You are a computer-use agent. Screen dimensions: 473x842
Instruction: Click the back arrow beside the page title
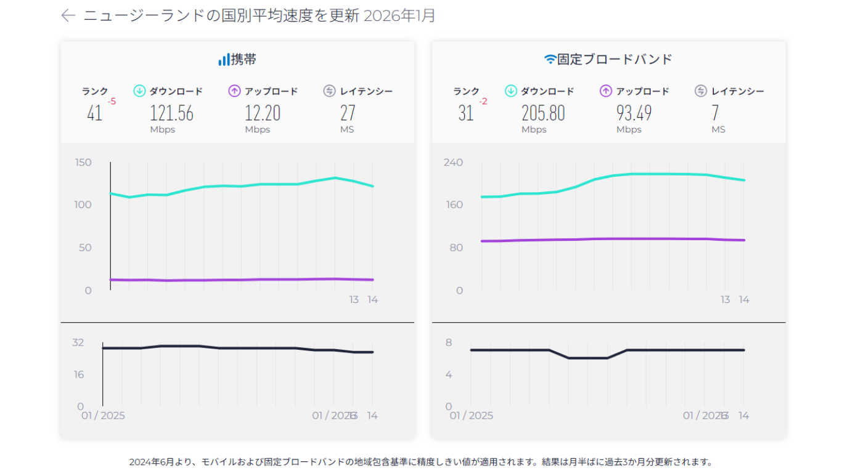(x=68, y=16)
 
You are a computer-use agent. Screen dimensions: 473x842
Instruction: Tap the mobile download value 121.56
(x=171, y=113)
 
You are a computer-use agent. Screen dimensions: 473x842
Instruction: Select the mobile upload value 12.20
(x=263, y=113)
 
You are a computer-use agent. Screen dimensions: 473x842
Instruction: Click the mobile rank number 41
(x=94, y=113)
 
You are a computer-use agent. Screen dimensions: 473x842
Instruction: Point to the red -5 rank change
(x=112, y=102)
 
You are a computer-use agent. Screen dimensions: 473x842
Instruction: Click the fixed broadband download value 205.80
(x=543, y=113)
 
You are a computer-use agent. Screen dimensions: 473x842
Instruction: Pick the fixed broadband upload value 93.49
(x=634, y=113)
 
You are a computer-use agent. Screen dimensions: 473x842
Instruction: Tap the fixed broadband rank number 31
(x=465, y=113)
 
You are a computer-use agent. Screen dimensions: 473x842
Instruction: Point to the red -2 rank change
(x=483, y=102)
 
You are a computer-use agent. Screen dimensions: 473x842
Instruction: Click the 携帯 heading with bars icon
(x=237, y=60)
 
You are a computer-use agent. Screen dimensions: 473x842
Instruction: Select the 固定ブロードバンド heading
(x=608, y=60)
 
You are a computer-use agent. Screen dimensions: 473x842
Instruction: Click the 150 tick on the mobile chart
(x=83, y=163)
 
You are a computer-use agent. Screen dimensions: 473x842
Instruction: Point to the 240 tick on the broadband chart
(x=453, y=163)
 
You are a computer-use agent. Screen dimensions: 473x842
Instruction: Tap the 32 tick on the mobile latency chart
(x=78, y=342)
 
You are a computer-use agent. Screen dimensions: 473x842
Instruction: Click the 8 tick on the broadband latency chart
(x=449, y=342)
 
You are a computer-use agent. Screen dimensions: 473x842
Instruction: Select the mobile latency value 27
(x=348, y=113)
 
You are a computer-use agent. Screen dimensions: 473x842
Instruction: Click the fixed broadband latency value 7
(x=715, y=113)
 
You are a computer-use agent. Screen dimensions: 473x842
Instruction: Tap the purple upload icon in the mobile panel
(x=234, y=91)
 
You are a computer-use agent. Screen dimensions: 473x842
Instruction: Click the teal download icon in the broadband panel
(x=510, y=91)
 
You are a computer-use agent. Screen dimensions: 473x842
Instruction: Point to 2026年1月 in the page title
(x=399, y=16)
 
